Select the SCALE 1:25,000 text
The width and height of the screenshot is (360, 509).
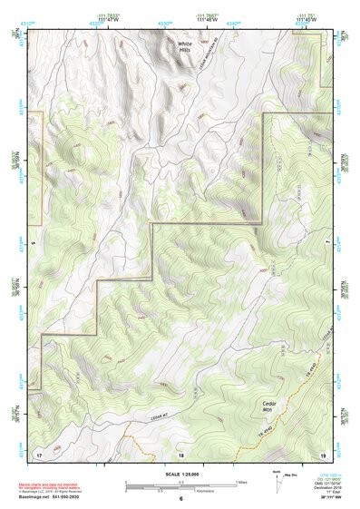click(180, 474)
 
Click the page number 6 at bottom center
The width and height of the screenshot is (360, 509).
click(180, 498)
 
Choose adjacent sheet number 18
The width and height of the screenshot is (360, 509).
click(180, 454)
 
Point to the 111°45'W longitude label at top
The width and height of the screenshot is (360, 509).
click(306, 20)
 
